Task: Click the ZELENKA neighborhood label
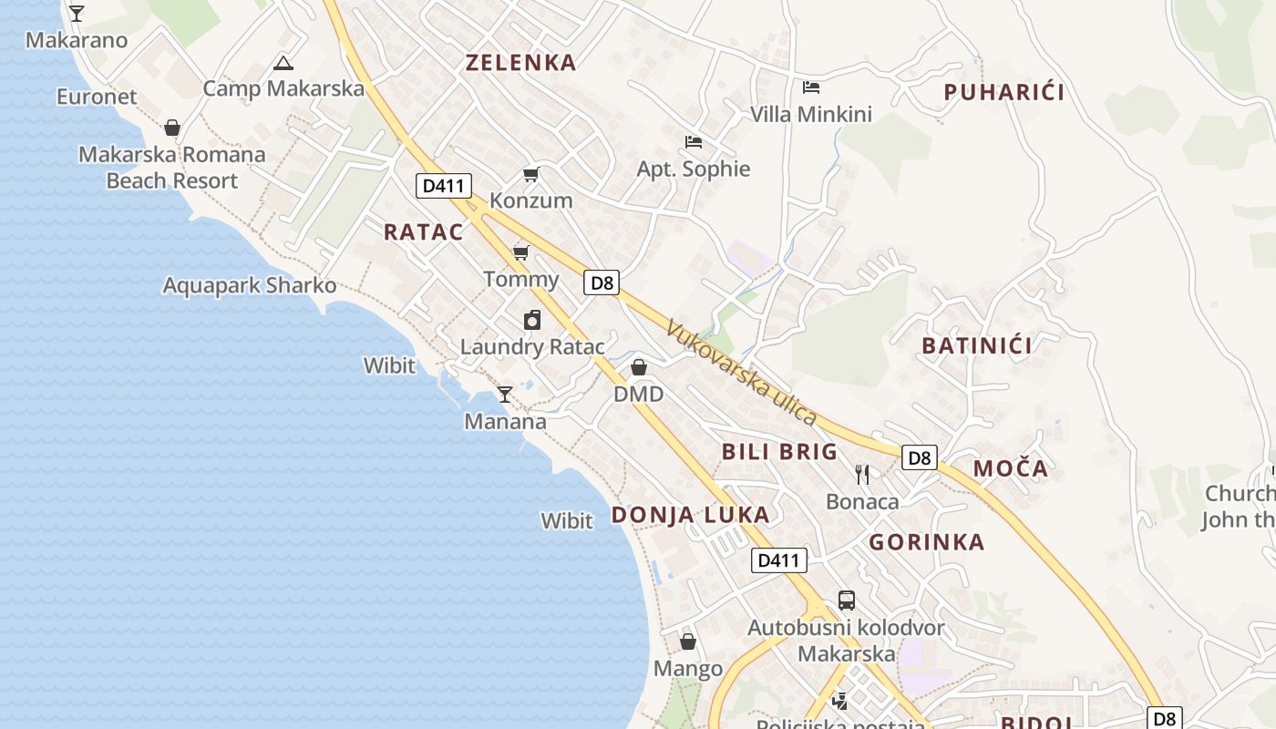click(x=520, y=63)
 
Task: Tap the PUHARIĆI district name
click(x=1003, y=92)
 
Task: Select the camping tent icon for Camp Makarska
click(x=283, y=63)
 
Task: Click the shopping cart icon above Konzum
click(x=530, y=174)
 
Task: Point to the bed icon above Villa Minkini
click(x=811, y=87)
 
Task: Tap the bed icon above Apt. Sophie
click(x=694, y=142)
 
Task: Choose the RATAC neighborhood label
click(x=423, y=231)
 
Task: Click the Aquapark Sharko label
click(x=249, y=285)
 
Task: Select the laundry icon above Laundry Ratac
click(x=532, y=320)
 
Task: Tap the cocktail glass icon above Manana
click(x=504, y=394)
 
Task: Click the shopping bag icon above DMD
click(x=639, y=367)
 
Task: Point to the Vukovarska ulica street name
click(x=741, y=372)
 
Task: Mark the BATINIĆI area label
click(x=977, y=345)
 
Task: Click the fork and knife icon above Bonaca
click(x=862, y=474)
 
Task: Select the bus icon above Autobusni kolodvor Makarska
click(x=847, y=601)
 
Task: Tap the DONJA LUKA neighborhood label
click(x=690, y=515)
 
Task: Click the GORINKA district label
click(x=926, y=542)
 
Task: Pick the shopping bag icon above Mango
click(x=688, y=642)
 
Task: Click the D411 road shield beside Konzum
click(x=444, y=186)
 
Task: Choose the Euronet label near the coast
click(x=97, y=97)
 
